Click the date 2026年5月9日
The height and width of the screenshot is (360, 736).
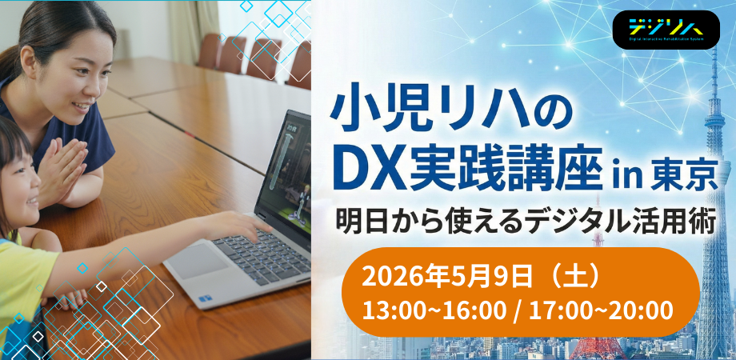tap(446, 277)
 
